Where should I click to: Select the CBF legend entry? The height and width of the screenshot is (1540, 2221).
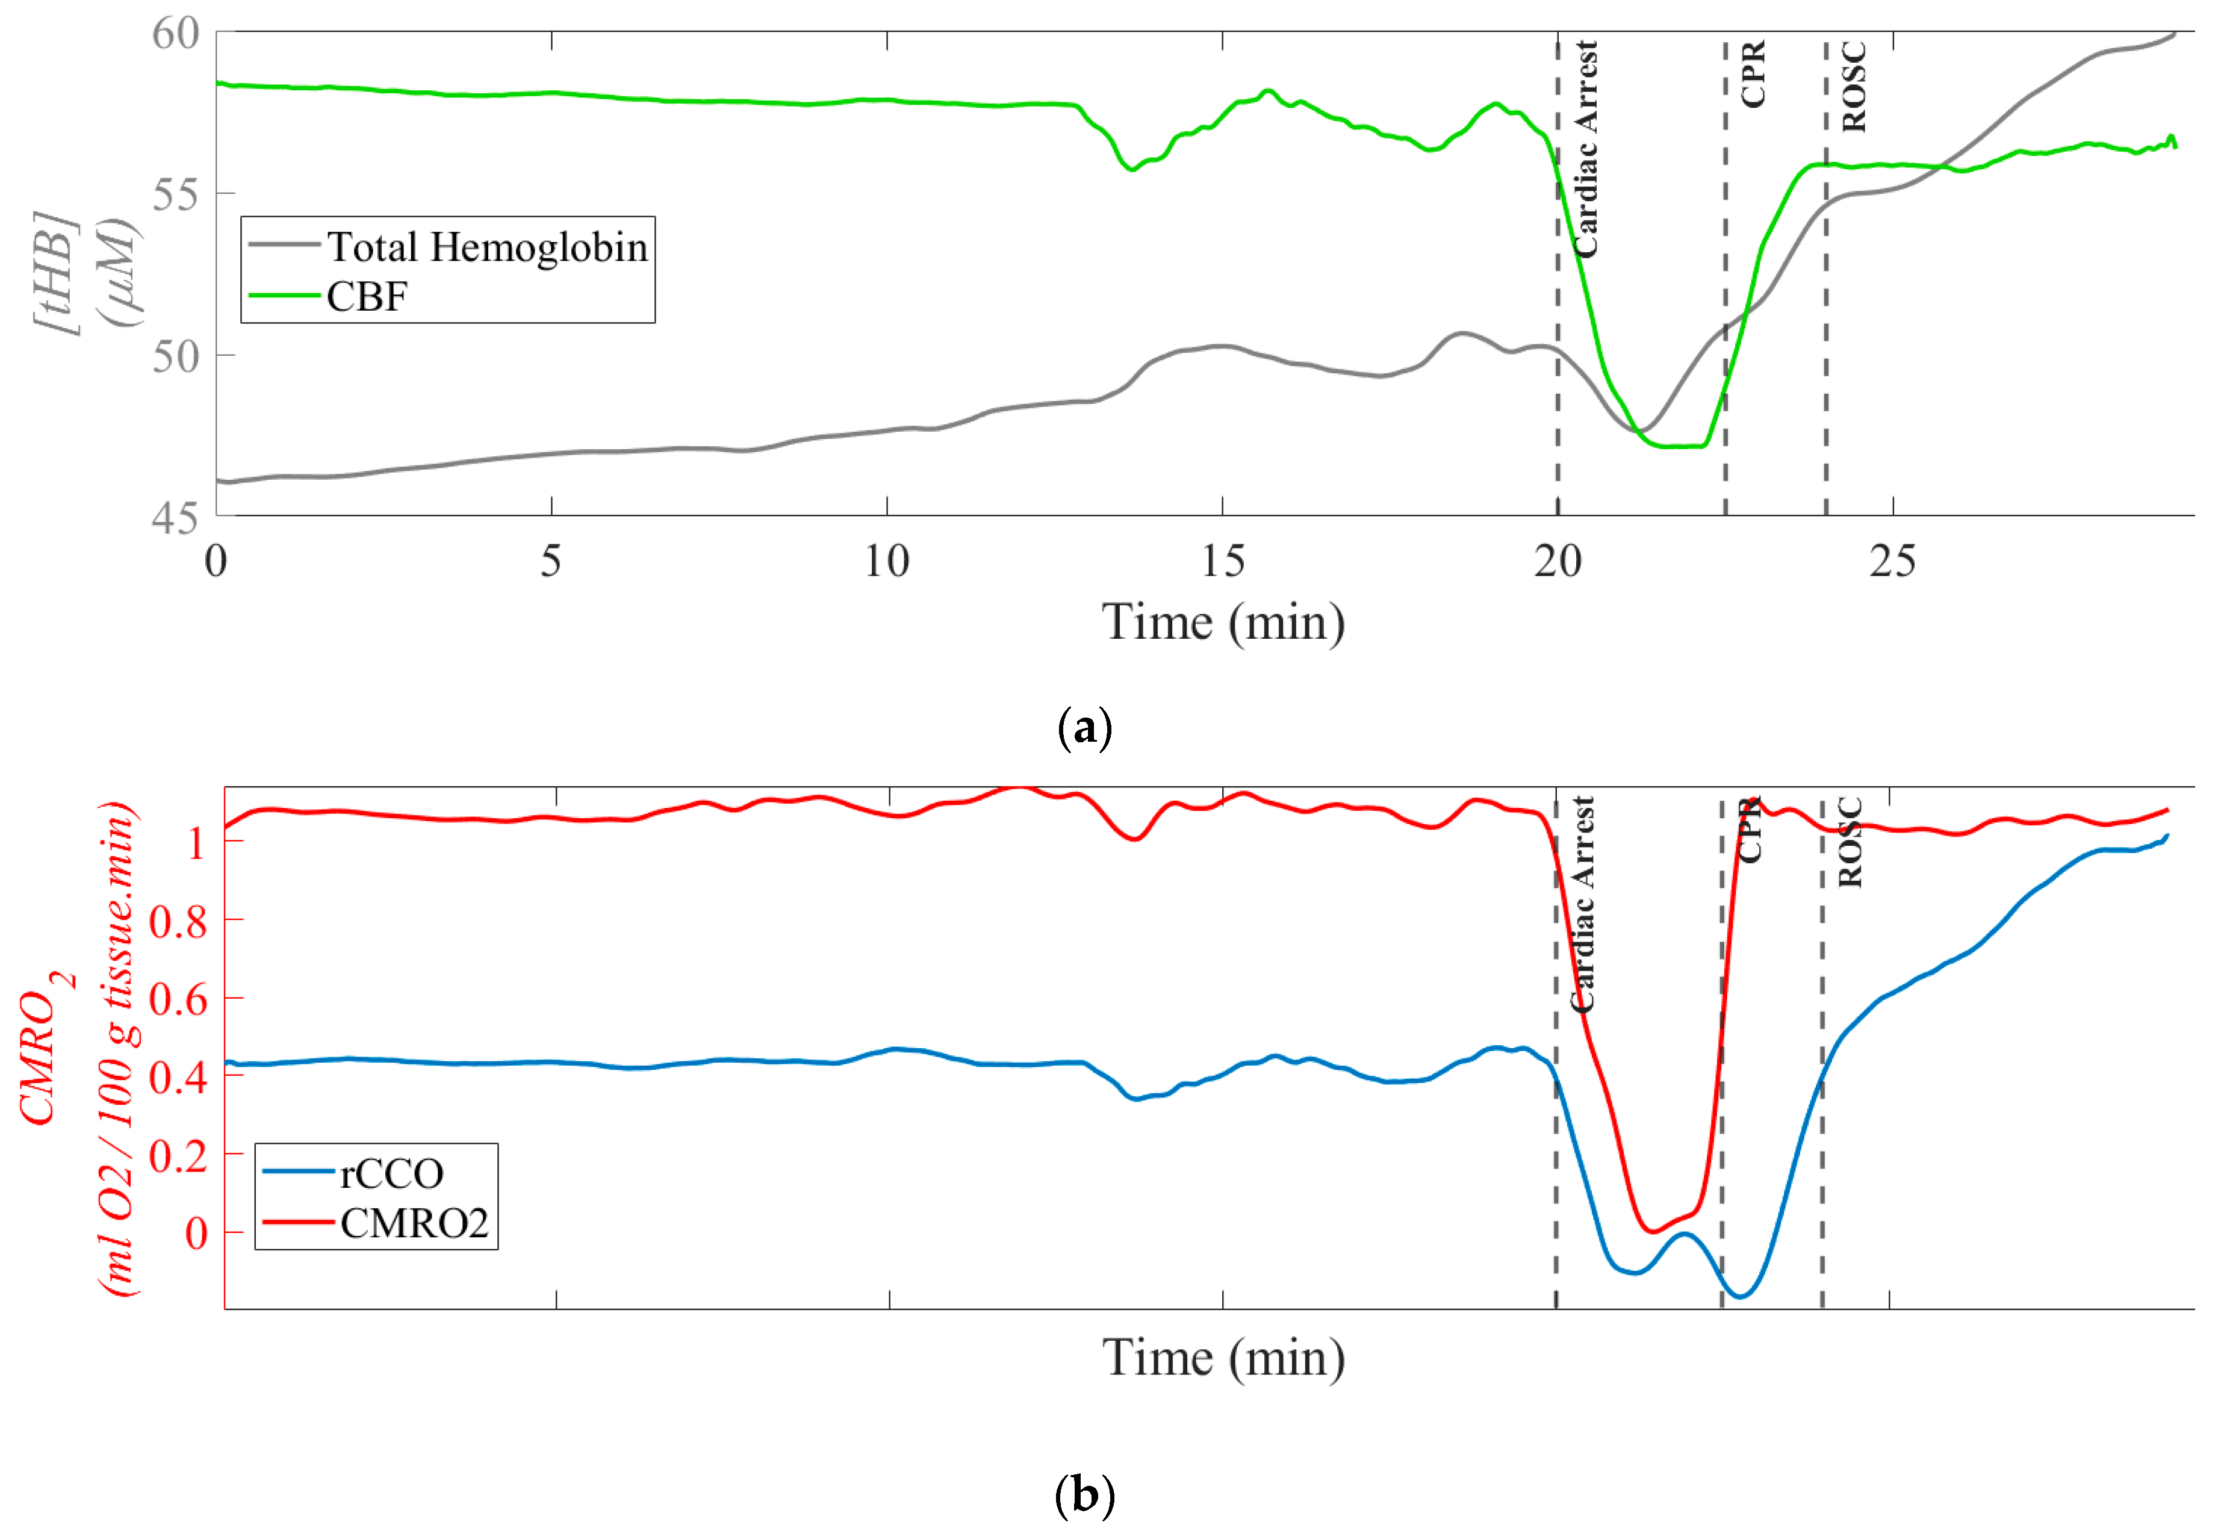pos(367,296)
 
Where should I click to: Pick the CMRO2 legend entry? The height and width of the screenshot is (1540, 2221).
pos(414,1223)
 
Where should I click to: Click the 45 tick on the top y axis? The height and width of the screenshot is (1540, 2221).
pos(176,518)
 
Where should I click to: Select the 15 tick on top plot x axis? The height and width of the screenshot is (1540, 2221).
pos(1222,562)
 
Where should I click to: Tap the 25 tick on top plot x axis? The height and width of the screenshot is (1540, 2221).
pos(1892,562)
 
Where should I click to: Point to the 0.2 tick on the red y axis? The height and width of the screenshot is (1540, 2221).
pos(178,1155)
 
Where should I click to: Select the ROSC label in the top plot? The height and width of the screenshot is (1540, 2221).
pos(1853,87)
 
